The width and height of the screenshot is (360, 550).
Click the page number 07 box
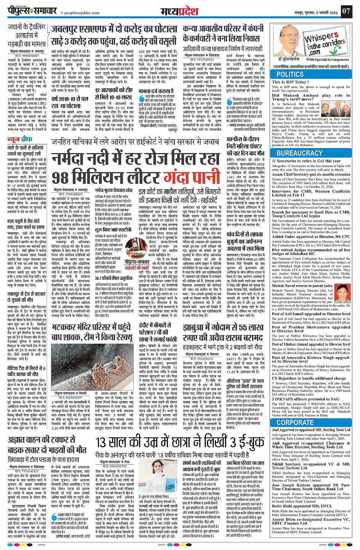pyautogui.click(x=346, y=11)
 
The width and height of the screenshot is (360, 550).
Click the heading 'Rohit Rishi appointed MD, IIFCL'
pyautogui.click(x=301, y=506)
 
